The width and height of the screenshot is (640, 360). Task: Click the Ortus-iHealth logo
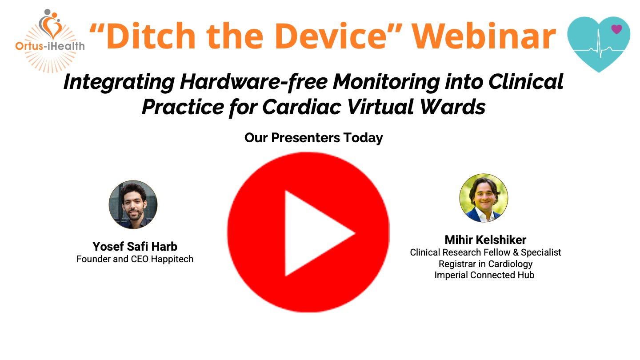(x=50, y=40)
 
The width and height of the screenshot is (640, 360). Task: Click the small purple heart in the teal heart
(x=616, y=29)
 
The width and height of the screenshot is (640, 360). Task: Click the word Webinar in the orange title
(x=484, y=36)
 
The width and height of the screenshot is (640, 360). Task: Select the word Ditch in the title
(x=151, y=36)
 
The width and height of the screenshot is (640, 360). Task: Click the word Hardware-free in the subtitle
(x=254, y=82)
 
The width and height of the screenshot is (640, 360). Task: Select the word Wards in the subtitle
(x=452, y=107)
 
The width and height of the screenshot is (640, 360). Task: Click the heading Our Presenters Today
(x=313, y=138)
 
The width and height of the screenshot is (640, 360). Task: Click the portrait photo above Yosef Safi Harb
(x=133, y=204)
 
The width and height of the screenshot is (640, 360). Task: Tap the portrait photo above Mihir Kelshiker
(x=484, y=198)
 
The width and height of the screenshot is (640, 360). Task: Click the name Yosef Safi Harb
(x=135, y=247)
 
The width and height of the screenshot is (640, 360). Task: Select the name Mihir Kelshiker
(x=485, y=240)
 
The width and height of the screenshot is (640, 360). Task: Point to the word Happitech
(x=172, y=259)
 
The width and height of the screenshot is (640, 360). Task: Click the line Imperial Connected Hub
(x=484, y=275)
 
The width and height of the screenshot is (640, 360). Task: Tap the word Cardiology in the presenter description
(x=510, y=264)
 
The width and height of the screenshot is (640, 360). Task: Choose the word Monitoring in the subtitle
(x=386, y=82)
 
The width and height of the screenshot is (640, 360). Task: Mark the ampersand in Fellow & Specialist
(x=516, y=252)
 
